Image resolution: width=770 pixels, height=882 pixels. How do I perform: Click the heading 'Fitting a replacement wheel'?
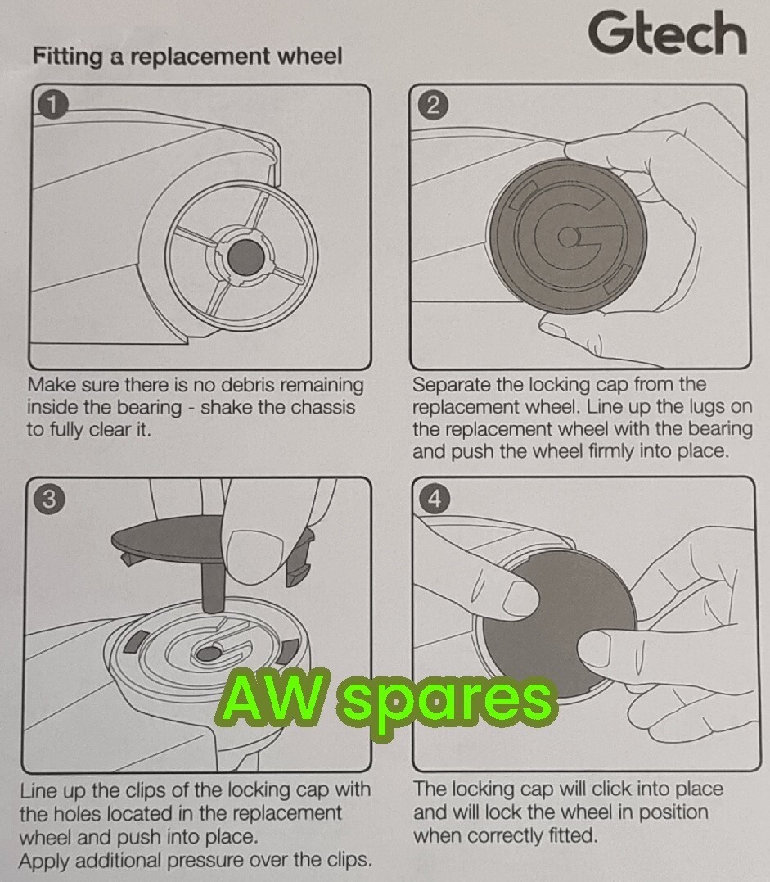pos(187,57)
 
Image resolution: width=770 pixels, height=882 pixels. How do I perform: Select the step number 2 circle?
pos(434,105)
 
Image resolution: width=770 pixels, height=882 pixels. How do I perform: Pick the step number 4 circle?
pos(434,499)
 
